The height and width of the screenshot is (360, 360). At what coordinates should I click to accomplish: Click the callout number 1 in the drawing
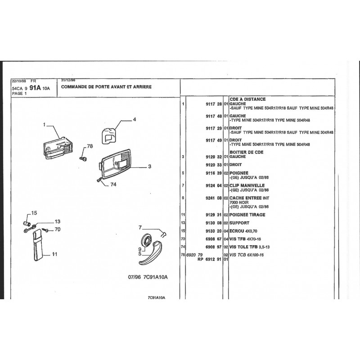coord(45,124)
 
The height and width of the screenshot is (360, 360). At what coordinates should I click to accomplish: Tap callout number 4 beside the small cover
coord(134,120)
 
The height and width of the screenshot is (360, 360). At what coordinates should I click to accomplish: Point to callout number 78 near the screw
coord(90,146)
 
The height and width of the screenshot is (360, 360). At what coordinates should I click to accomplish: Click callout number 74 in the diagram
coord(113,184)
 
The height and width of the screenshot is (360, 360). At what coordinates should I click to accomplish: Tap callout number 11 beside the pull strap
coord(54,255)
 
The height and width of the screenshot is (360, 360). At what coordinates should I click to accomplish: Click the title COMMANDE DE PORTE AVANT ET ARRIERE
coord(107,86)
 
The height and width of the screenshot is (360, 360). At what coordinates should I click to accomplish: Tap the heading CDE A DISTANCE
coord(247,99)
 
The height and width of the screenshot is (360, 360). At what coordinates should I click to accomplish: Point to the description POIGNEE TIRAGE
coord(247,215)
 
